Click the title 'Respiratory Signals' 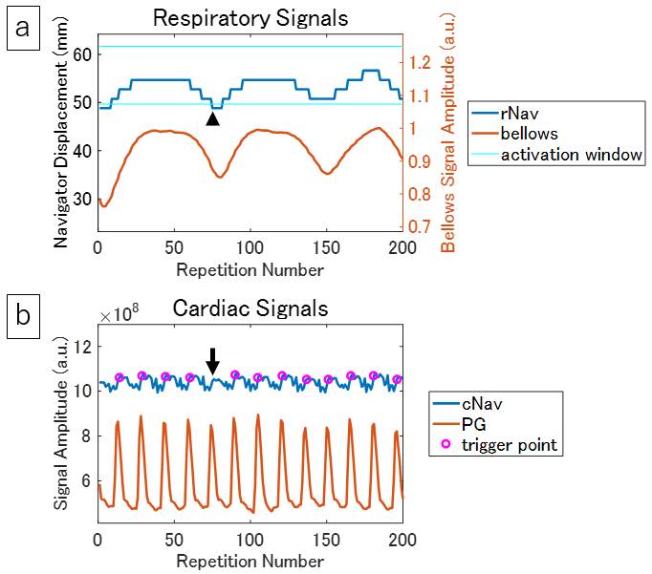pyautogui.click(x=250, y=19)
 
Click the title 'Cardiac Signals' pyautogui.click(x=250, y=308)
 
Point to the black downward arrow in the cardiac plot pyautogui.click(x=213, y=360)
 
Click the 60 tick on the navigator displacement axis pyautogui.click(x=81, y=54)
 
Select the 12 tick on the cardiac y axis pyautogui.click(x=81, y=346)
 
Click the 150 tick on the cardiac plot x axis pyautogui.click(x=326, y=539)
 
